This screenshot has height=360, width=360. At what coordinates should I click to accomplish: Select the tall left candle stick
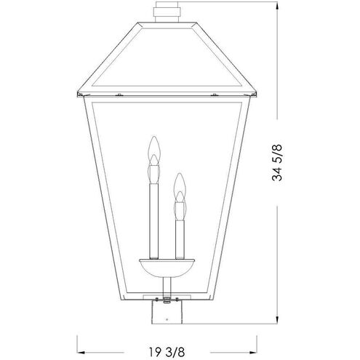click(x=153, y=218)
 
